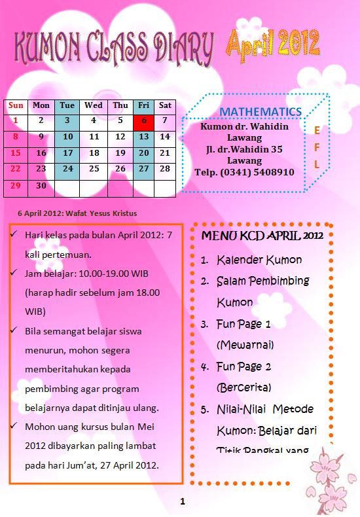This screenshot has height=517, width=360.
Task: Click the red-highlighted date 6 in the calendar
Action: (x=143, y=120)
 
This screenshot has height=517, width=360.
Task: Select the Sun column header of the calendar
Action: (x=16, y=105)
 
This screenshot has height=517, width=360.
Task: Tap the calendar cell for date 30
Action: (x=41, y=185)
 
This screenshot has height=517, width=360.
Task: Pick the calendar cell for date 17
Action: (x=67, y=152)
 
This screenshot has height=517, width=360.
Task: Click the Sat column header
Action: (x=165, y=105)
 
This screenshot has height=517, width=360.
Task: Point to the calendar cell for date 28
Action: (x=165, y=169)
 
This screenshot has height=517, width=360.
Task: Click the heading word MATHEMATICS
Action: (x=261, y=112)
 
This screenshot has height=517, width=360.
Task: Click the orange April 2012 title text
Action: (x=274, y=43)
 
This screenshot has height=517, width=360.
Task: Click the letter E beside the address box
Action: (x=317, y=130)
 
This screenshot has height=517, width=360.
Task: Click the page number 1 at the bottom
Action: (x=183, y=502)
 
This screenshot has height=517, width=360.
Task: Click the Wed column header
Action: (x=93, y=105)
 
